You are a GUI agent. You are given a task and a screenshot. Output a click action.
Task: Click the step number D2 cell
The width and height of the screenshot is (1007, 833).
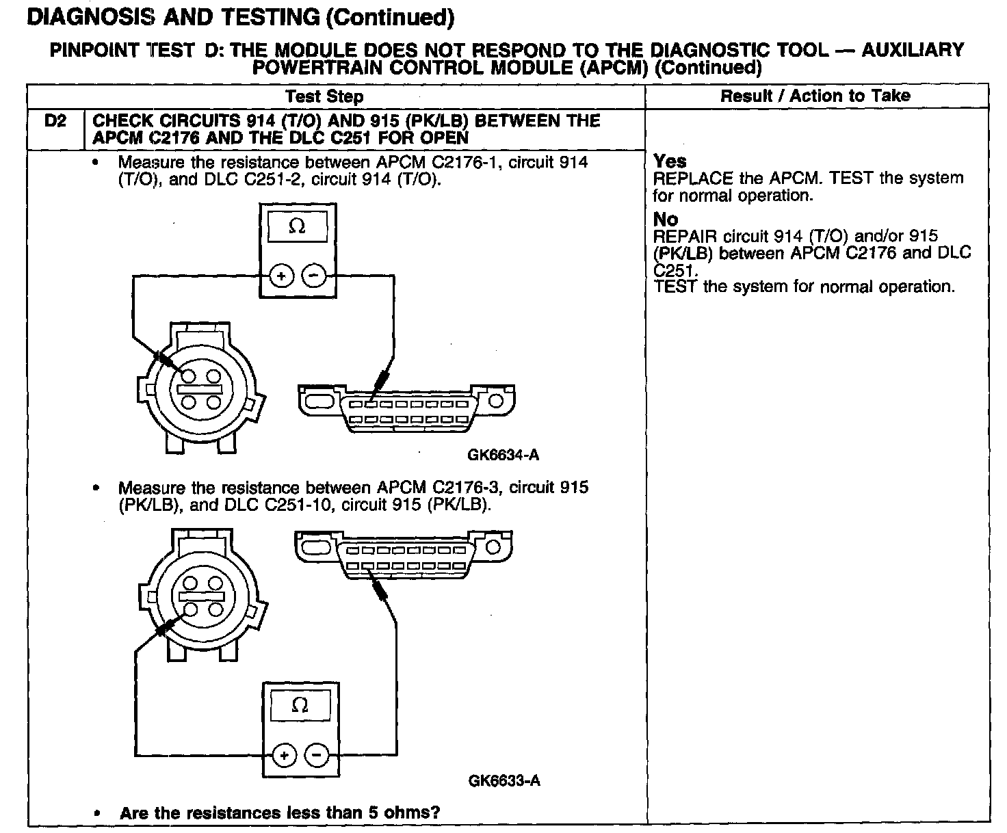[x=55, y=121]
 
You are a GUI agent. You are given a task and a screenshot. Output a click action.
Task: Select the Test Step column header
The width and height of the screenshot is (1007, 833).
[x=324, y=96]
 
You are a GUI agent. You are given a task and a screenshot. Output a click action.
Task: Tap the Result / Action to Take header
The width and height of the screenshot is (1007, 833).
[x=815, y=96]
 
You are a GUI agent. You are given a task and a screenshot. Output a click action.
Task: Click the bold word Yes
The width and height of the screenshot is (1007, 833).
[x=670, y=161]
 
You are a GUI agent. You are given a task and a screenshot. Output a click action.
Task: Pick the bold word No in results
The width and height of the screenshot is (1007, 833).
[x=666, y=220]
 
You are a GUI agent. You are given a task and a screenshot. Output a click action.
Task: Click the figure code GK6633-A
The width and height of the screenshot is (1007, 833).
[x=504, y=780]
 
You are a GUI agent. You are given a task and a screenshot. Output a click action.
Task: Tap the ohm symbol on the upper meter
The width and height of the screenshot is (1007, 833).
[x=297, y=227]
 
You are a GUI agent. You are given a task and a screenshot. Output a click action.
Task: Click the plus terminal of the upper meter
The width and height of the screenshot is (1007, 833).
[x=281, y=276]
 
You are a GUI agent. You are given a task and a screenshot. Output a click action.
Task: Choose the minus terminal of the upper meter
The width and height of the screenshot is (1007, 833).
[x=313, y=276]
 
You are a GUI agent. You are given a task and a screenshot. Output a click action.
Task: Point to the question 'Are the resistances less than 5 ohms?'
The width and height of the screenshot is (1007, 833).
[x=279, y=812]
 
